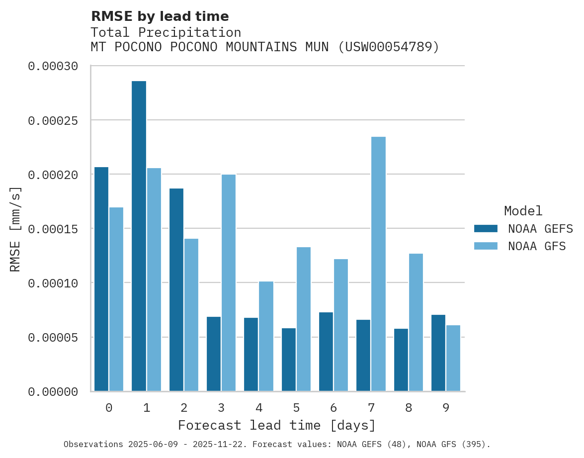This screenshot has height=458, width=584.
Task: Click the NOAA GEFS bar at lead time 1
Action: coord(139,236)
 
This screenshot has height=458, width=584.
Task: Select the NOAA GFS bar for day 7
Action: coord(378,264)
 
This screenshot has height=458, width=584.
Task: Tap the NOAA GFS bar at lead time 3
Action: coord(229,283)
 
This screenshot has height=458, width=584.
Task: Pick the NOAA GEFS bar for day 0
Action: coord(101,279)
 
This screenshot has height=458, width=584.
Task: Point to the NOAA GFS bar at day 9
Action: coord(453,358)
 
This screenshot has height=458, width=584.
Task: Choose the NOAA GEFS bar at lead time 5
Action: coord(289,360)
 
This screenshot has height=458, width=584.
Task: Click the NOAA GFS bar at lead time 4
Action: coord(266,336)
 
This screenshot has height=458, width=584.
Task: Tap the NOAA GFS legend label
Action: coord(537,246)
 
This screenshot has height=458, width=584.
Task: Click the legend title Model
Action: coord(523,211)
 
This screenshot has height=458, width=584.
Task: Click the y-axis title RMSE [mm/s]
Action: coord(15,229)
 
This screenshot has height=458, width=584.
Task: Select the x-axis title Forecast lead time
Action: coord(277,426)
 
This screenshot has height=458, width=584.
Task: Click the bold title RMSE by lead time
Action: coord(160,16)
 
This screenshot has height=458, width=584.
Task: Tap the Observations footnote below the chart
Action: coord(277,444)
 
